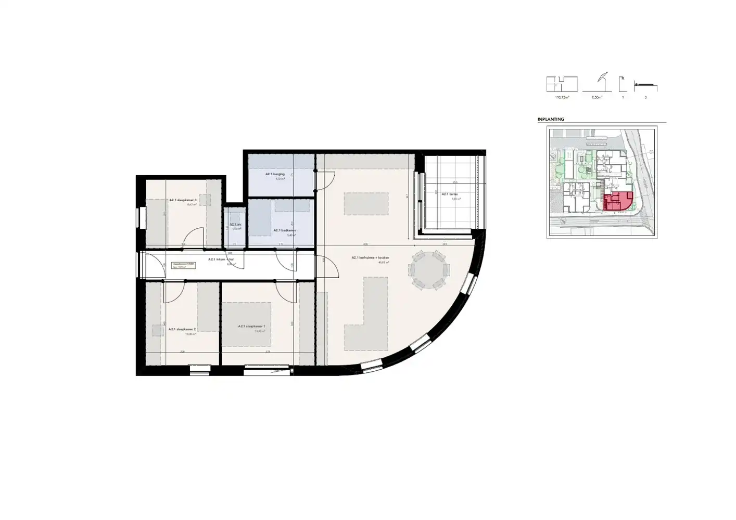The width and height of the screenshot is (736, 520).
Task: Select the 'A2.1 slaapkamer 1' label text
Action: coord(252,327)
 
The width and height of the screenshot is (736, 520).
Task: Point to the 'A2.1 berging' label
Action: coord(275,174)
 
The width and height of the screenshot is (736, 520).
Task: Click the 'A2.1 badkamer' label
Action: coord(285,230)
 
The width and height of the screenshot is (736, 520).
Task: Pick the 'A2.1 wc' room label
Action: coord(236,225)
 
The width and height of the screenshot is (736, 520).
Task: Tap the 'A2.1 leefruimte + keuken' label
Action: coord(370,258)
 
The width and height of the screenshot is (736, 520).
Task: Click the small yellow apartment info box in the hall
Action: coord(184,265)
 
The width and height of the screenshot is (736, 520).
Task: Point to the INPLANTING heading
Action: coord(551,120)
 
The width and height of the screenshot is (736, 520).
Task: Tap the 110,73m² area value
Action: coord(562,97)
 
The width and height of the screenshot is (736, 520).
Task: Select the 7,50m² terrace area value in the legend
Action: coord(597,97)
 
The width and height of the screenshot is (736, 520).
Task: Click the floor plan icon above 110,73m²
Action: coord(562,84)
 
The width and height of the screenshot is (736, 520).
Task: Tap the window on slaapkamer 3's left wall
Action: coord(139,217)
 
